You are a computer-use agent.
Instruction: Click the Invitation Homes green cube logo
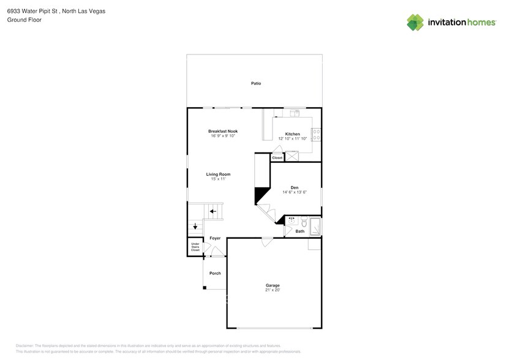click(415, 22)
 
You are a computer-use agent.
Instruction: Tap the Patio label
click(256, 83)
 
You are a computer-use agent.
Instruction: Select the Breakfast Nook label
click(222, 131)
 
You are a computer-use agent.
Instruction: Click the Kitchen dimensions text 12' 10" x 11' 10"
click(292, 139)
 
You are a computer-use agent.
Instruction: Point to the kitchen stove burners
click(316, 133)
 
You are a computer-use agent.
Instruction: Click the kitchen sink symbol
click(295, 113)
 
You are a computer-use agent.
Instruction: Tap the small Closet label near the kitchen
click(277, 158)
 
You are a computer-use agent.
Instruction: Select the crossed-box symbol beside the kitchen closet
click(292, 157)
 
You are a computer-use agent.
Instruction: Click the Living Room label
click(217, 174)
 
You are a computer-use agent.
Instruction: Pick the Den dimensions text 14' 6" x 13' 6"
click(295, 192)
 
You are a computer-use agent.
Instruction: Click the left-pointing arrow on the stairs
click(213, 212)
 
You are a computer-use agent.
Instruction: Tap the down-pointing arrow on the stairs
click(195, 227)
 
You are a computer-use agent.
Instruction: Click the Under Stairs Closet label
click(195, 248)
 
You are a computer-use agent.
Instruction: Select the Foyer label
click(215, 238)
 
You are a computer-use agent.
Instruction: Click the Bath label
click(300, 231)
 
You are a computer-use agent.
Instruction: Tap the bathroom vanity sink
click(292, 220)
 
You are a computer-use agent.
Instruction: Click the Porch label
click(215, 273)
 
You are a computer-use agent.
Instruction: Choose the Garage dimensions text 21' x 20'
click(273, 290)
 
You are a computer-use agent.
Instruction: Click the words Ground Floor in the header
click(22, 20)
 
